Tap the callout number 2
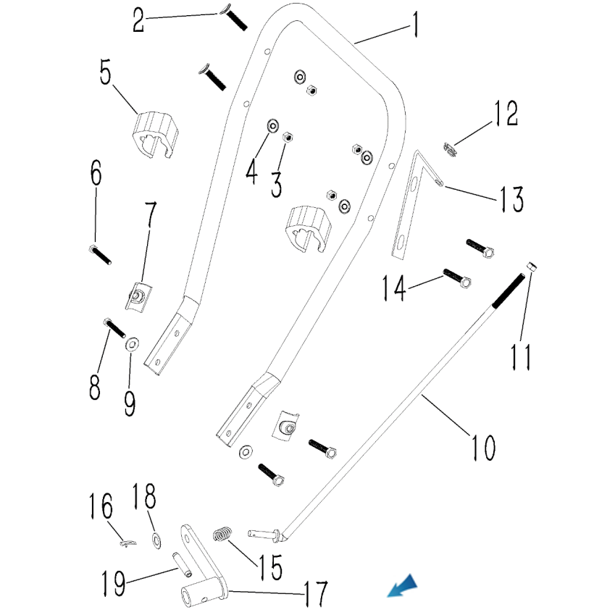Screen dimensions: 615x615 [x=138, y=20]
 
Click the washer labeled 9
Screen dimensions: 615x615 [x=133, y=343]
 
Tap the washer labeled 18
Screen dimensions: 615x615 [x=156, y=540]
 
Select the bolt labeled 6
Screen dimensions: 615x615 [x=100, y=254]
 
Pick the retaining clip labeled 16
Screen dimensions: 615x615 [x=127, y=543]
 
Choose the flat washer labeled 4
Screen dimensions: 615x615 [x=273, y=125]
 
